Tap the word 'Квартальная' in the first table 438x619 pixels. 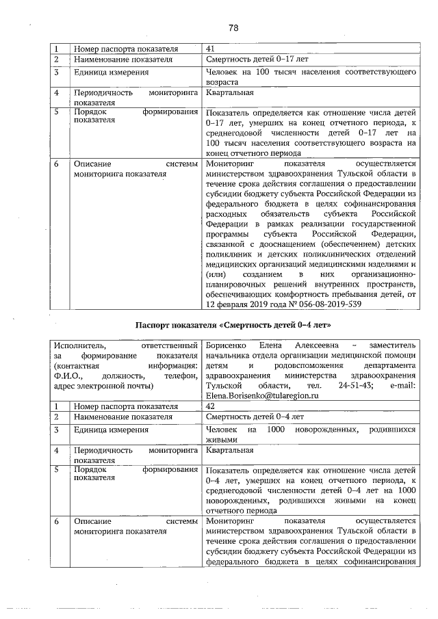(229, 92)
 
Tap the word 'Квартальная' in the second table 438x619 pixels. (229, 450)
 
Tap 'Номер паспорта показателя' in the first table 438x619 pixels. (125, 49)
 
